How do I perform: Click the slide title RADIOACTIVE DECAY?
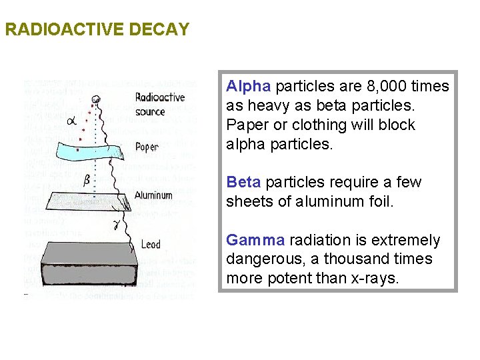97,30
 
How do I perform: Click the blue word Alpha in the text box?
248,87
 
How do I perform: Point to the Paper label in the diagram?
146,147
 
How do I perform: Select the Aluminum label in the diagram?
153,195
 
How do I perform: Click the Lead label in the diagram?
150,244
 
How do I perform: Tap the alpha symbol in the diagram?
72,120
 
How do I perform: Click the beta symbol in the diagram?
87,180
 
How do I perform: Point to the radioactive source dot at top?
96,101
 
